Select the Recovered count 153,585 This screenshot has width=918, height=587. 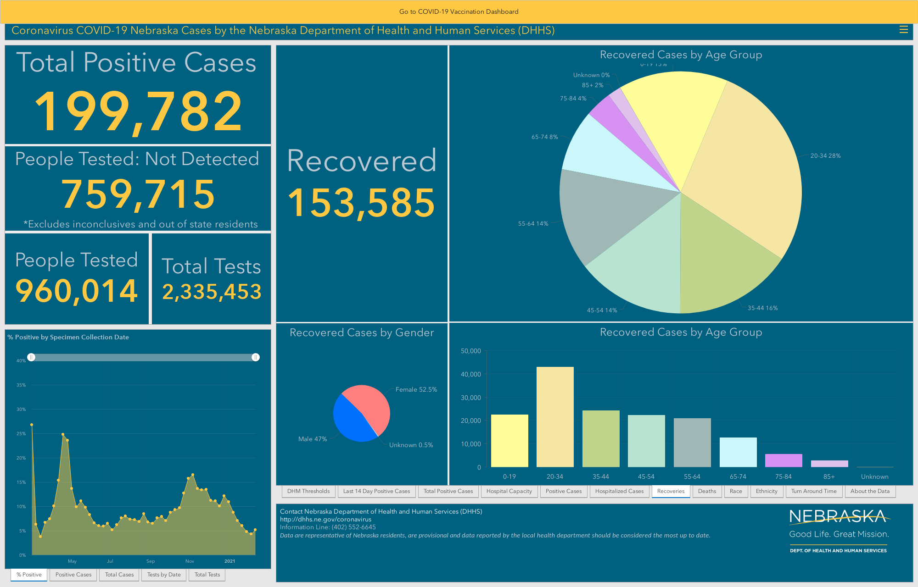[361, 203]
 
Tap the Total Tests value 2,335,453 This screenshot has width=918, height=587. [212, 292]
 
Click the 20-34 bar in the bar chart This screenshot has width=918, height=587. [555, 417]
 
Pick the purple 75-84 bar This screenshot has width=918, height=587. [784, 460]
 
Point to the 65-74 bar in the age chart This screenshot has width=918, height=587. [738, 452]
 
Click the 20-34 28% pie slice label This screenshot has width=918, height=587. [825, 156]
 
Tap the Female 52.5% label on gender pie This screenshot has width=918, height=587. [416, 389]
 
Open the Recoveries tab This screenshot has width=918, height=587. [671, 491]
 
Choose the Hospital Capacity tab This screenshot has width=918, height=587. [509, 491]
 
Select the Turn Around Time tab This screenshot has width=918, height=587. [814, 491]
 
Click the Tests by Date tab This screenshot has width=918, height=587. [164, 575]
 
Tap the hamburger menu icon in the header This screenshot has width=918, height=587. [904, 30]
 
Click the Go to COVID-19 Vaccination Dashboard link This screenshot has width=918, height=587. [459, 11]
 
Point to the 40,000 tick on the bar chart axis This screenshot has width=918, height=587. [471, 374]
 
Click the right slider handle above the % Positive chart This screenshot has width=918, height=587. [256, 357]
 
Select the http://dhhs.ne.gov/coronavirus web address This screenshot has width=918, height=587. [325, 520]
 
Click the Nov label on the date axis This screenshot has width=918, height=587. [190, 561]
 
